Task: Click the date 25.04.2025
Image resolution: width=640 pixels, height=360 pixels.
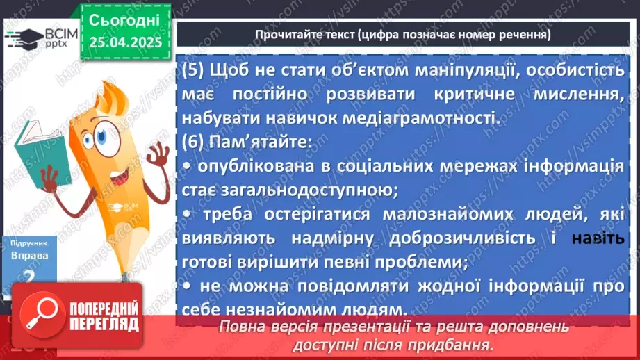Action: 125,42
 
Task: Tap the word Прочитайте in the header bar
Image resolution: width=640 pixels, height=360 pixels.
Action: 287,34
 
